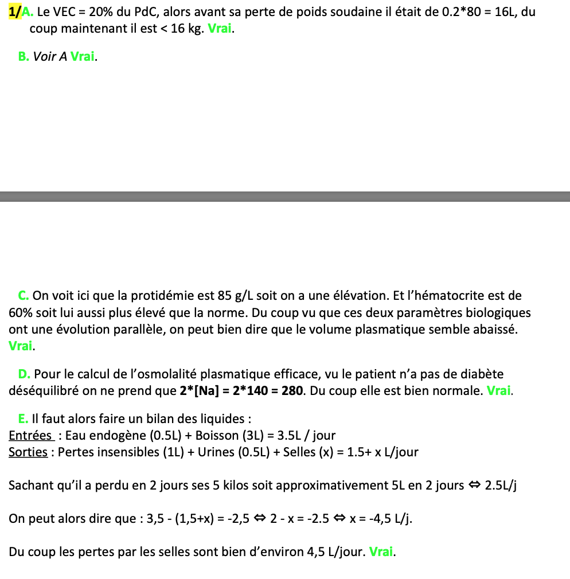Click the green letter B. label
pos(24,56)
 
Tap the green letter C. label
pos(24,296)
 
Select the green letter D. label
pos(24,374)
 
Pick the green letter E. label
pos(24,418)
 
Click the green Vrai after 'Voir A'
pos(83,56)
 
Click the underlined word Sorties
pos(28,452)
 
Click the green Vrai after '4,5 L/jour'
pos(382,552)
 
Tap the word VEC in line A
pos(65,11)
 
